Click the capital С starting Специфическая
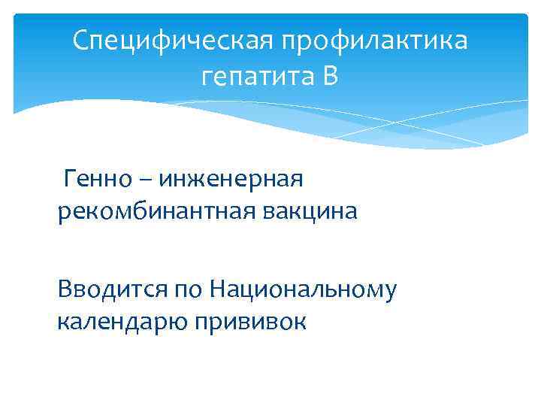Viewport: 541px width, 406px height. tap(82, 40)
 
